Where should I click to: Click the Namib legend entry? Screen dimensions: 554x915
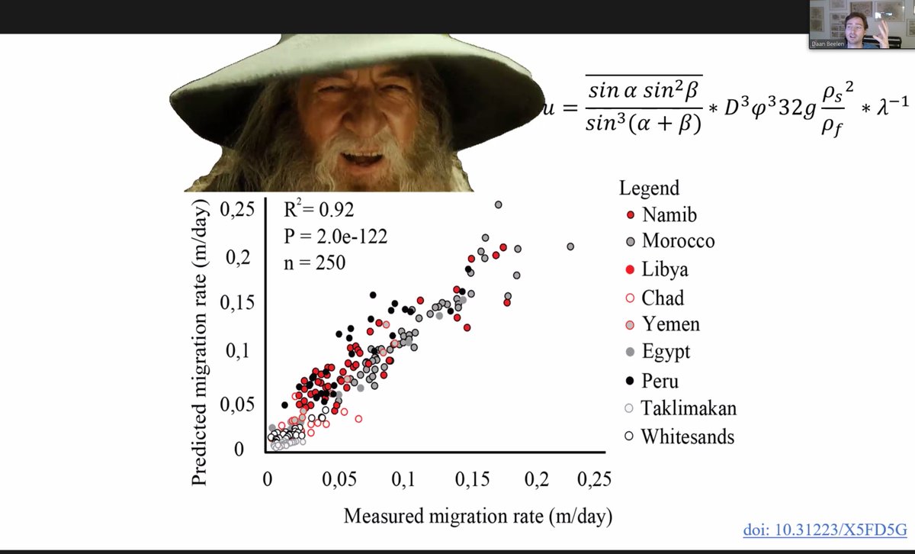click(x=669, y=214)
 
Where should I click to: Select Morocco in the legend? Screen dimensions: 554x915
click(x=677, y=241)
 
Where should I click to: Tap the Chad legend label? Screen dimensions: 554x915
click(x=662, y=298)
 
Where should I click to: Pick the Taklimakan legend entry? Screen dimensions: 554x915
click(x=688, y=408)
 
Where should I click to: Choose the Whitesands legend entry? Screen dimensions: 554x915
click(x=687, y=436)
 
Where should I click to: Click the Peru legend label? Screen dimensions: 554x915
click(x=660, y=380)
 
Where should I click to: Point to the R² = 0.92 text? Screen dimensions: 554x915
click(x=319, y=210)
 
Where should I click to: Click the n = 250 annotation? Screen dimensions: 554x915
click(x=315, y=263)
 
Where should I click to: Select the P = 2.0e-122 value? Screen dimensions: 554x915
click(x=335, y=237)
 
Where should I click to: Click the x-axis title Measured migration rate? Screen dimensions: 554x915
click(x=478, y=516)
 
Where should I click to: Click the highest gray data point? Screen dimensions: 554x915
click(x=499, y=205)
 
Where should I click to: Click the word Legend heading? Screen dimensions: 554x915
click(x=649, y=188)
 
